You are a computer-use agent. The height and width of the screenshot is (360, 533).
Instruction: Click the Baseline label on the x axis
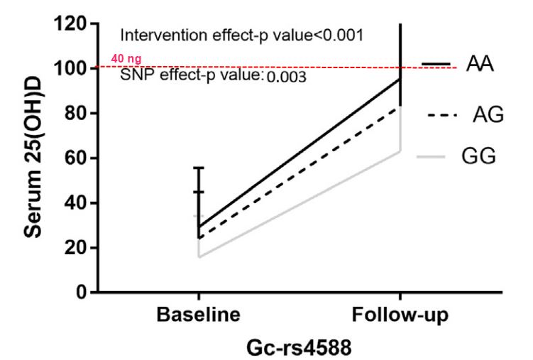(x=198, y=315)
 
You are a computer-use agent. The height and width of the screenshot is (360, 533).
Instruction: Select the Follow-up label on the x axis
(x=400, y=315)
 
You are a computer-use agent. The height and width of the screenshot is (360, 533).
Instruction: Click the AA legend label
(x=480, y=65)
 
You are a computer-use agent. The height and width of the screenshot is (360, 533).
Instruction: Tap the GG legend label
(x=478, y=157)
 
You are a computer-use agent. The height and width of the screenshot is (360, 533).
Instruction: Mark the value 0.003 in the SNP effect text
(x=286, y=77)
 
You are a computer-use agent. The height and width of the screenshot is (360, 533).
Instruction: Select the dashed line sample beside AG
(x=439, y=114)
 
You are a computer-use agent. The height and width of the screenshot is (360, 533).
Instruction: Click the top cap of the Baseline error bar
(x=199, y=168)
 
